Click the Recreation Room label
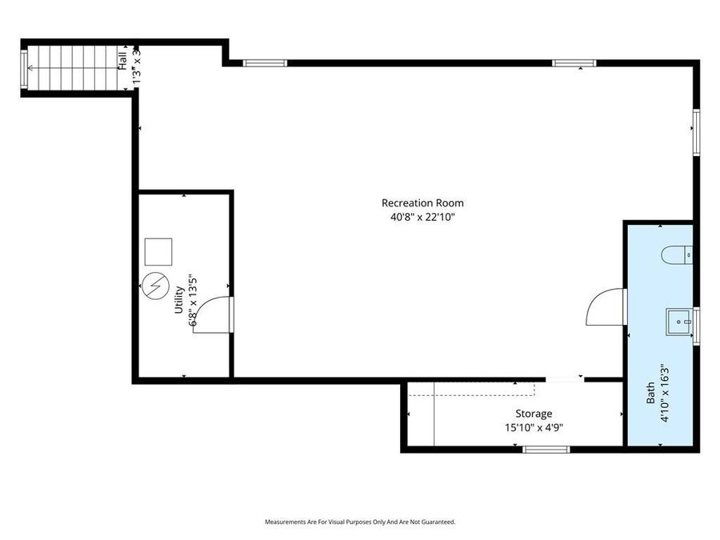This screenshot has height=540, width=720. click(x=422, y=203)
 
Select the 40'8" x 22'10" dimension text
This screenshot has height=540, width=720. click(x=422, y=216)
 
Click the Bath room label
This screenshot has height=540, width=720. click(x=650, y=391)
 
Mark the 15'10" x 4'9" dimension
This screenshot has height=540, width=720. click(x=533, y=426)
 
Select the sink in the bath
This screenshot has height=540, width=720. click(x=679, y=322)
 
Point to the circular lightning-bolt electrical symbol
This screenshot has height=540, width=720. click(x=155, y=286)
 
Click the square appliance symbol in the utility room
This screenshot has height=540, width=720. click(x=158, y=252)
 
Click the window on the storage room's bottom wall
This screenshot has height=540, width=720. click(x=546, y=450)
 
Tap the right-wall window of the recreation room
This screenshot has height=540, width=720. click(x=696, y=132)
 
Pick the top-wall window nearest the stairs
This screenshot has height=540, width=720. click(x=264, y=62)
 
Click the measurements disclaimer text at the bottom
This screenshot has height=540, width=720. click(x=360, y=522)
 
